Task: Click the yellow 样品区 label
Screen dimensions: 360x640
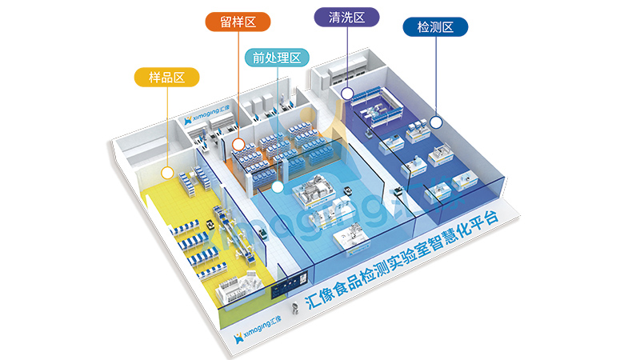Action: point(167,78)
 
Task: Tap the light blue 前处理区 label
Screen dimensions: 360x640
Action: point(276,58)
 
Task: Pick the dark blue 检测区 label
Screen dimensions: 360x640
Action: point(435,28)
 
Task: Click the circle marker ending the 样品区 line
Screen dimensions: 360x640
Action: point(167,172)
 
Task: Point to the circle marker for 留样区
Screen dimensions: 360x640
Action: point(238,144)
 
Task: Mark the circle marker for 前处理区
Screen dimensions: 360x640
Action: point(277,187)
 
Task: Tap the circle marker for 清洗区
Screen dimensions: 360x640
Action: point(347,94)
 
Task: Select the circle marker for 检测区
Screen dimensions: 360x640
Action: point(436,122)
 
